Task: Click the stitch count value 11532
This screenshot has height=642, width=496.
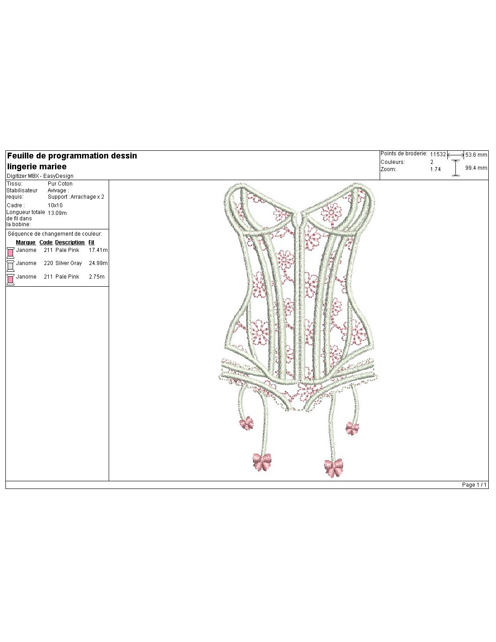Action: click(x=437, y=154)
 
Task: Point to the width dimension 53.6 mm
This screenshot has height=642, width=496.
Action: click(x=476, y=154)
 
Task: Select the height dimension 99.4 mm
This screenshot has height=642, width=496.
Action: click(x=476, y=168)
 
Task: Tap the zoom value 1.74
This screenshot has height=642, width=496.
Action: click(x=435, y=169)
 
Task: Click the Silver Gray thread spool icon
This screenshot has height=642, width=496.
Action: click(x=10, y=266)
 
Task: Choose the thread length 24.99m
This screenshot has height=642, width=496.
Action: click(x=98, y=263)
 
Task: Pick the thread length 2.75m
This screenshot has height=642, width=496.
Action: click(x=96, y=277)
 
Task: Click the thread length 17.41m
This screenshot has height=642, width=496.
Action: click(x=98, y=250)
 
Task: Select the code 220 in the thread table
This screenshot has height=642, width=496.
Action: click(x=48, y=263)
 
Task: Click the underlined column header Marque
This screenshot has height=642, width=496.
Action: click(x=26, y=242)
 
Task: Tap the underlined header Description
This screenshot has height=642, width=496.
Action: click(x=69, y=242)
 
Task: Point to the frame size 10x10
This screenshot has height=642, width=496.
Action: click(x=55, y=205)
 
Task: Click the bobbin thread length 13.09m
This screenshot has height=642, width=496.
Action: click(x=57, y=213)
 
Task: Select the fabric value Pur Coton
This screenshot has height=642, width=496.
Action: click(x=60, y=183)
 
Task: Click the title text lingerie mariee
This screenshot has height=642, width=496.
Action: click(x=37, y=167)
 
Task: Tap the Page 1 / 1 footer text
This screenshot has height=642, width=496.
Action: click(x=474, y=484)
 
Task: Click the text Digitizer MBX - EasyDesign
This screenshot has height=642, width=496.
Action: click(x=40, y=176)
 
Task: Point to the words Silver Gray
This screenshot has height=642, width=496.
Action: click(x=69, y=263)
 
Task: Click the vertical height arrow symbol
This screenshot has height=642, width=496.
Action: click(x=455, y=168)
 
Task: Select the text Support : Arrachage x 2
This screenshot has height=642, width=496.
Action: click(x=76, y=197)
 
